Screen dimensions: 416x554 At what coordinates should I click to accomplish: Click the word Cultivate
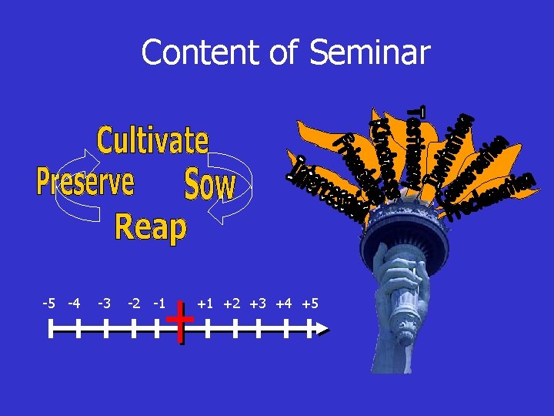[152, 141]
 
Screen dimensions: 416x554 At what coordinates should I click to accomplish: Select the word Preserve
[85, 182]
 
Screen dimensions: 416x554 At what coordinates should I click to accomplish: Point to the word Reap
[150, 227]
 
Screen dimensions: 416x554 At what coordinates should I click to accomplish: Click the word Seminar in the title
[369, 53]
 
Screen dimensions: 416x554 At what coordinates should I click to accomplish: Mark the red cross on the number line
[180, 322]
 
